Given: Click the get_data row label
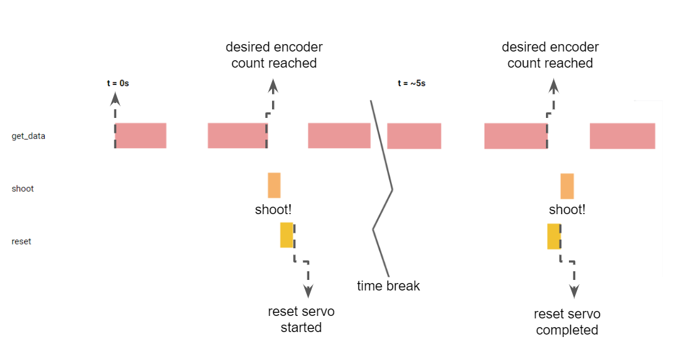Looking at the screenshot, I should point(29,136).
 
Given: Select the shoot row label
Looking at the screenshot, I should point(23,189).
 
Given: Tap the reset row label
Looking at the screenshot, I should point(22,241).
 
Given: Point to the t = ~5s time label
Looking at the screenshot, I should point(411,83).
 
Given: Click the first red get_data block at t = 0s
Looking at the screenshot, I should point(141,135).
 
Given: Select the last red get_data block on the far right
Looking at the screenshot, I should point(622,136).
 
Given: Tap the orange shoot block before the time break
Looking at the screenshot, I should point(274,185).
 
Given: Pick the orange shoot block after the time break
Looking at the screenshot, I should point(566,186).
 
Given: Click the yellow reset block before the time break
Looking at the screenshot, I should point(286,235).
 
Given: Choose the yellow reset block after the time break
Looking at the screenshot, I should point(554,236).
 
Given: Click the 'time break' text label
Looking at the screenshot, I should point(388,286).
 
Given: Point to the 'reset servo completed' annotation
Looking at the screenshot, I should point(567,322).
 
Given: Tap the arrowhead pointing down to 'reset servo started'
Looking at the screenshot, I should point(307,290).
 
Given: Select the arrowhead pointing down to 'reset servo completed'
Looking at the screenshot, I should point(575,291).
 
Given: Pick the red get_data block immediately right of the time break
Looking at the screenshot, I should point(414,136).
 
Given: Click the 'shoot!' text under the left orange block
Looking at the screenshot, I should point(273,210).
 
